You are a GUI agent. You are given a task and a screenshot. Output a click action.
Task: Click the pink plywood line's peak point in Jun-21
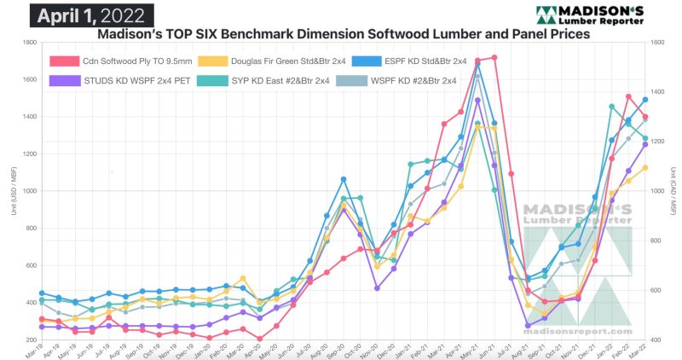click(x=494, y=57)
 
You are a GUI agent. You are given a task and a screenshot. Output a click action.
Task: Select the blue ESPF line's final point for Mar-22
click(x=645, y=100)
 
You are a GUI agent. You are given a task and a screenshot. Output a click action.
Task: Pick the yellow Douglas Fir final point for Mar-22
click(x=645, y=167)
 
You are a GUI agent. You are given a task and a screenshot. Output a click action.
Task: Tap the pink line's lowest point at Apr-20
click(x=259, y=339)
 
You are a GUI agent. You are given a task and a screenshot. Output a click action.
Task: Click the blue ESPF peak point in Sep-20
click(x=343, y=179)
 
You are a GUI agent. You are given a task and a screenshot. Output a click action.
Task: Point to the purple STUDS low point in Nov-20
click(x=377, y=288)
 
